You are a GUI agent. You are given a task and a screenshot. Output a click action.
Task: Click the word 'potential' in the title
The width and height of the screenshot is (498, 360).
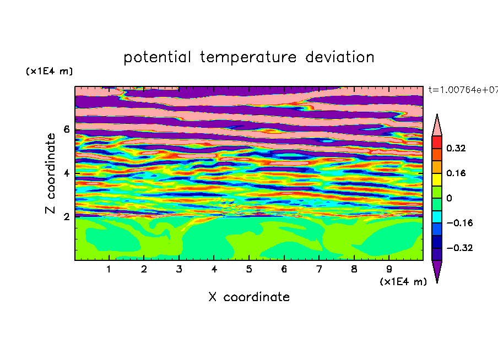point(157,58)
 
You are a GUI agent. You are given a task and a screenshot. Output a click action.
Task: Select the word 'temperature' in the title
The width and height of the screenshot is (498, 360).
point(248,58)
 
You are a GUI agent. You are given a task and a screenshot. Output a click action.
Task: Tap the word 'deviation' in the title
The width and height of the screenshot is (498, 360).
point(340,57)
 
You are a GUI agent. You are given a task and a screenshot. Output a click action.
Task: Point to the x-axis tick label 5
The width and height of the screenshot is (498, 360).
point(249,269)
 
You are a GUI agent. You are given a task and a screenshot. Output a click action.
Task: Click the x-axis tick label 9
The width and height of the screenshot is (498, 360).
point(389,269)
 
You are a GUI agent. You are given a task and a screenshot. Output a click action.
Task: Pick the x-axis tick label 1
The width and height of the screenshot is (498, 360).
point(109,269)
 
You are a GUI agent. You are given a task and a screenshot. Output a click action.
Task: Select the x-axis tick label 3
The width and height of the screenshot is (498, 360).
point(179,269)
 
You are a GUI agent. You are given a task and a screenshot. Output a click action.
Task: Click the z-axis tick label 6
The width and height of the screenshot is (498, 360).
point(67,129)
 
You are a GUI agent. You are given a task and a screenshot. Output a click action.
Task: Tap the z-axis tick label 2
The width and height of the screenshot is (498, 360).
point(67,217)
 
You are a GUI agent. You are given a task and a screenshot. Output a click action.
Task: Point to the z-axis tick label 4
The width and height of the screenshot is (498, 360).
point(67,173)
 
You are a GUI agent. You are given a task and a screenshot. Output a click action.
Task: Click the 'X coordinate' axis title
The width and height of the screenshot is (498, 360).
point(249,297)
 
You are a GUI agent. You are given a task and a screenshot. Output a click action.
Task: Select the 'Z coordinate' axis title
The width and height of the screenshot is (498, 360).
point(51,173)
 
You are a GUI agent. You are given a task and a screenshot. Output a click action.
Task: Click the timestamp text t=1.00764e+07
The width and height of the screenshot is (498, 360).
point(463,90)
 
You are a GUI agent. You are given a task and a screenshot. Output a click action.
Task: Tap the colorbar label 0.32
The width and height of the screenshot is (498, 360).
point(456,148)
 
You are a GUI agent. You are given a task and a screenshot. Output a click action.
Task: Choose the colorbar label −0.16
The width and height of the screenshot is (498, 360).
point(459,223)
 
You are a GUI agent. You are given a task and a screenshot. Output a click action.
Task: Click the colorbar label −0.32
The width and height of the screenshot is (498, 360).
point(459,248)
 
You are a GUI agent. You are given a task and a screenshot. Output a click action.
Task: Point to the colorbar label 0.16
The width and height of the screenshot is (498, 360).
point(456,173)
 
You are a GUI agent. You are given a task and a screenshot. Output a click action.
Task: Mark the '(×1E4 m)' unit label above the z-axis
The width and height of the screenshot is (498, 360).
point(49,71)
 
